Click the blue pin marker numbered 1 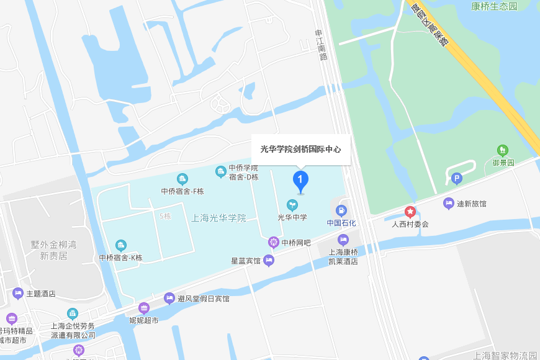[300, 181]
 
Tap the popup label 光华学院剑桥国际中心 [300, 150]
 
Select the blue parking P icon [457, 179]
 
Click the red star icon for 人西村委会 [410, 212]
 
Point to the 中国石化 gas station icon [341, 210]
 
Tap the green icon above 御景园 [503, 150]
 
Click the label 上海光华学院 [219, 218]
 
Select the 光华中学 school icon [292, 205]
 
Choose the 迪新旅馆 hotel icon [449, 203]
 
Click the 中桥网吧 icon [274, 242]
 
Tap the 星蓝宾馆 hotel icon [269, 261]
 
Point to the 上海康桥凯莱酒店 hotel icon [343, 240]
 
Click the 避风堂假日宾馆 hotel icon [169, 299]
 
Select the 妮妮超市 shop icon [144, 308]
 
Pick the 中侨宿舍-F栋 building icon [182, 179]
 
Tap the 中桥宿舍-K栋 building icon [121, 245]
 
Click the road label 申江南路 [321, 45]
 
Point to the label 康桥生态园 [493, 6]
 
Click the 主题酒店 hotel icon [17, 293]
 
